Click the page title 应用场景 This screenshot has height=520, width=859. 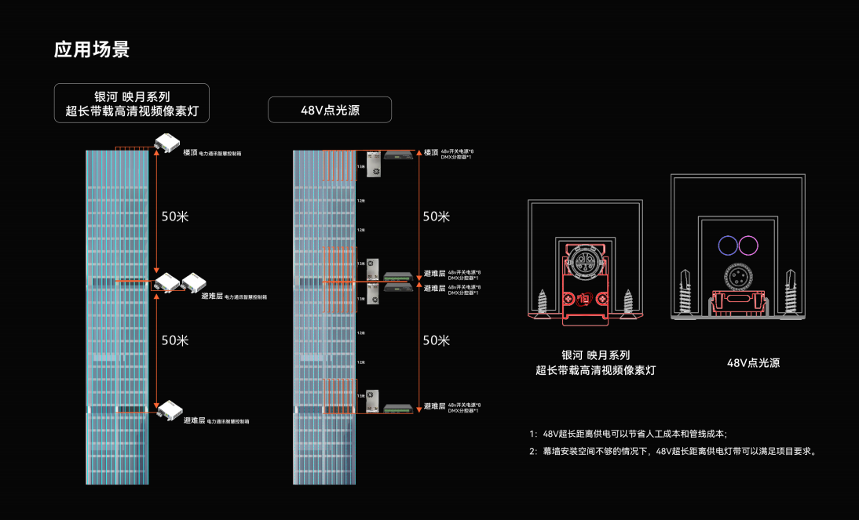pyautogui.click(x=91, y=49)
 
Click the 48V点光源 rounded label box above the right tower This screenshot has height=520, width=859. pyautogui.click(x=330, y=110)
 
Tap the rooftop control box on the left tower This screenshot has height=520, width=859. pyautogui.click(x=166, y=144)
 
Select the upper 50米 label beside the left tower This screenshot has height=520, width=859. pyautogui.click(x=175, y=216)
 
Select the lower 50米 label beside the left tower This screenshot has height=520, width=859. pyautogui.click(x=175, y=340)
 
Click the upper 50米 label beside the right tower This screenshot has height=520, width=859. pyautogui.click(x=436, y=216)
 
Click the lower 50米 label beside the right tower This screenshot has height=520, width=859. pyautogui.click(x=436, y=340)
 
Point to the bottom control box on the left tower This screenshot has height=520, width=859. pyautogui.click(x=169, y=409)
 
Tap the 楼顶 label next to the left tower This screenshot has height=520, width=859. pyautogui.click(x=190, y=153)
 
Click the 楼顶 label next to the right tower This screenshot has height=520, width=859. pyautogui.click(x=431, y=152)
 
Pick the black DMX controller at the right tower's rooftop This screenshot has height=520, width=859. pyautogui.click(x=399, y=155)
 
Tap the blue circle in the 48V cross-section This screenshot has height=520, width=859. pyautogui.click(x=727, y=245)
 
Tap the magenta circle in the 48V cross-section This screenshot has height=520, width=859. pyautogui.click(x=748, y=245)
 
